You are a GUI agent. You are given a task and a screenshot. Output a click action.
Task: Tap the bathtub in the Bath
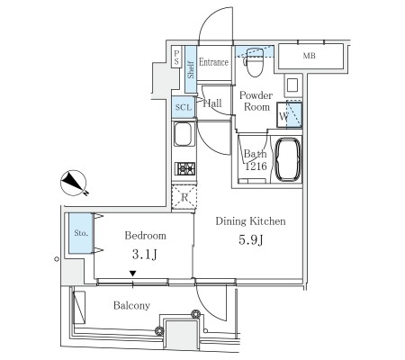click(x=288, y=159)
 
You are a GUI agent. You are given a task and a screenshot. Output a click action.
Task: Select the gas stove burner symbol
click(x=185, y=168)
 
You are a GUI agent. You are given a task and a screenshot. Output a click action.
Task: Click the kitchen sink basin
click(x=184, y=134)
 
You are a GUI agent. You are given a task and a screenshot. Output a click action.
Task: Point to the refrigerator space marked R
click(x=184, y=197)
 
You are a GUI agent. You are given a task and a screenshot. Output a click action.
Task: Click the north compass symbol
click(x=74, y=184)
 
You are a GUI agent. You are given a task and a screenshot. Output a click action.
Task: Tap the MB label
click(x=309, y=56)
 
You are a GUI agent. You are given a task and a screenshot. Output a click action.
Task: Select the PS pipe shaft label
click(x=176, y=58)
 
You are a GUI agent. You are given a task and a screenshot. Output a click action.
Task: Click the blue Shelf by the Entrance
click(x=191, y=69)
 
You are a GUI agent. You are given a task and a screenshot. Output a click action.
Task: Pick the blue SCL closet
click(x=184, y=107)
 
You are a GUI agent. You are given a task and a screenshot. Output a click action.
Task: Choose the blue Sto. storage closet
click(x=80, y=233)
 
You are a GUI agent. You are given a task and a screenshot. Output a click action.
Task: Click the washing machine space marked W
click(x=289, y=115)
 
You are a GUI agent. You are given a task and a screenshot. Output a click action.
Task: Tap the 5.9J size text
click(x=251, y=240)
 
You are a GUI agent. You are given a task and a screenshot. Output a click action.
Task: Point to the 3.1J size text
click(x=145, y=255)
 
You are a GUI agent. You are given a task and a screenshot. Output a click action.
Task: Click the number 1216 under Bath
click(x=256, y=166)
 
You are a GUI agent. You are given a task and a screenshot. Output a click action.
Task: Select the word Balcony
click(x=131, y=305)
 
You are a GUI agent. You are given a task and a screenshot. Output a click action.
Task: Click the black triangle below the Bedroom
click(x=132, y=274)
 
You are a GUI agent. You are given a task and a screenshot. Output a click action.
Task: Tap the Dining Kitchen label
click(x=250, y=221)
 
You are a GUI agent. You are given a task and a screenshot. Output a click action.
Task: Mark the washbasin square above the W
click(x=292, y=85)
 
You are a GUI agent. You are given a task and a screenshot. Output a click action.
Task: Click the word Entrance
click(x=213, y=62)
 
